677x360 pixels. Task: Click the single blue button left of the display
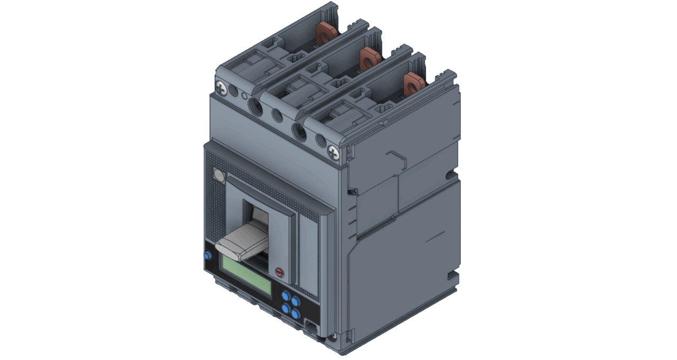(207, 256)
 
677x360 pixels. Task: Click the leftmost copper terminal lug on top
(326, 35)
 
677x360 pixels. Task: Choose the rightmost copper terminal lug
(413, 83)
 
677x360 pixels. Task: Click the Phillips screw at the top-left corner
(221, 86)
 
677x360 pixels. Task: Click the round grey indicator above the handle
(218, 175)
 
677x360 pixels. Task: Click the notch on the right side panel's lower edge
(452, 276)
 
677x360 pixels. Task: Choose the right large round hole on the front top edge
(299, 131)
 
